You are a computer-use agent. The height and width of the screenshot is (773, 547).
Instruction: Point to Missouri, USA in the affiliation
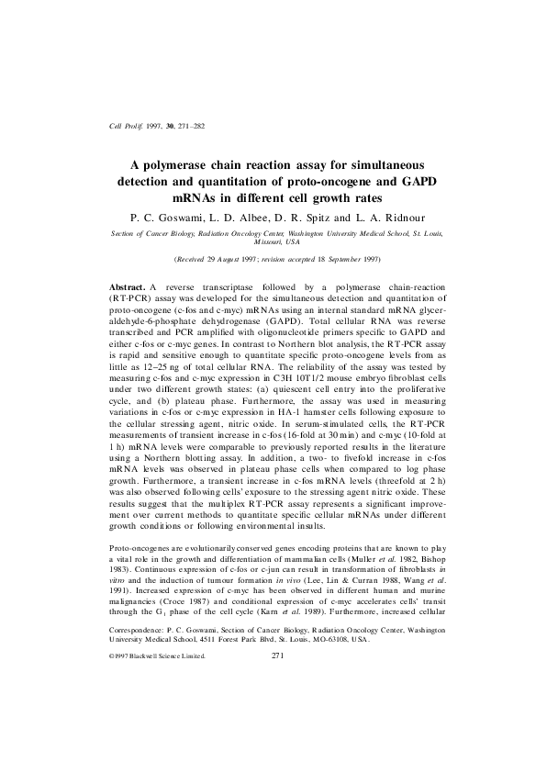point(273,242)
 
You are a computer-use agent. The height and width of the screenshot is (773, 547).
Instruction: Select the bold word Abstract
point(128,286)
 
